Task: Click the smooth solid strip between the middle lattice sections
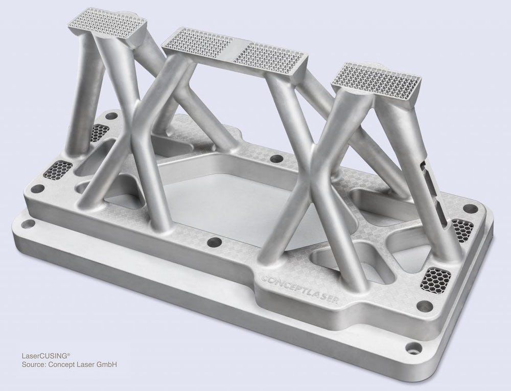[236, 50]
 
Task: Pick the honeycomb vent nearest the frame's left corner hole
[58, 169]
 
